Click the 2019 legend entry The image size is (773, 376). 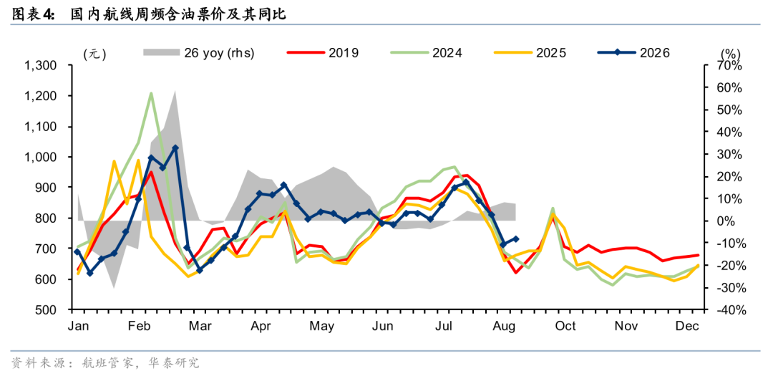click(323, 53)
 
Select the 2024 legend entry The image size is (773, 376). click(426, 53)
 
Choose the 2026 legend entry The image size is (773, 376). click(633, 53)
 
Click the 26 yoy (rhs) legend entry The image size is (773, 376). click(199, 53)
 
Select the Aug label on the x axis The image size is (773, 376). click(505, 327)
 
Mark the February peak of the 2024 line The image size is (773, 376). click(151, 93)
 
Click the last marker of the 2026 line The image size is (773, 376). click(515, 238)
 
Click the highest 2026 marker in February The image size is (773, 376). click(175, 148)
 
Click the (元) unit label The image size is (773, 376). click(94, 53)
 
